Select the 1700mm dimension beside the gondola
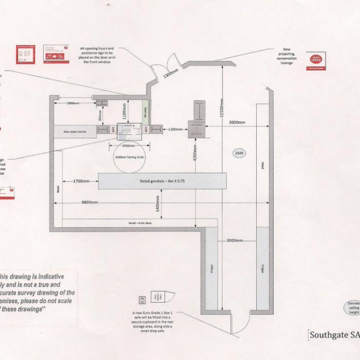pyautogui.click(x=82, y=181)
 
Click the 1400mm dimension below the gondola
pyautogui.click(x=158, y=204)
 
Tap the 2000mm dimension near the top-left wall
pyautogui.click(x=73, y=103)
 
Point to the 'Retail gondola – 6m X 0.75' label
pyautogui.click(x=162, y=181)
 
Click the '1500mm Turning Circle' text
pyautogui.click(x=124, y=156)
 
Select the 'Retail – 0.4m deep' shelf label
pyautogui.click(x=139, y=223)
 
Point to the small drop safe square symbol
pyautogui.click(x=142, y=299)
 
